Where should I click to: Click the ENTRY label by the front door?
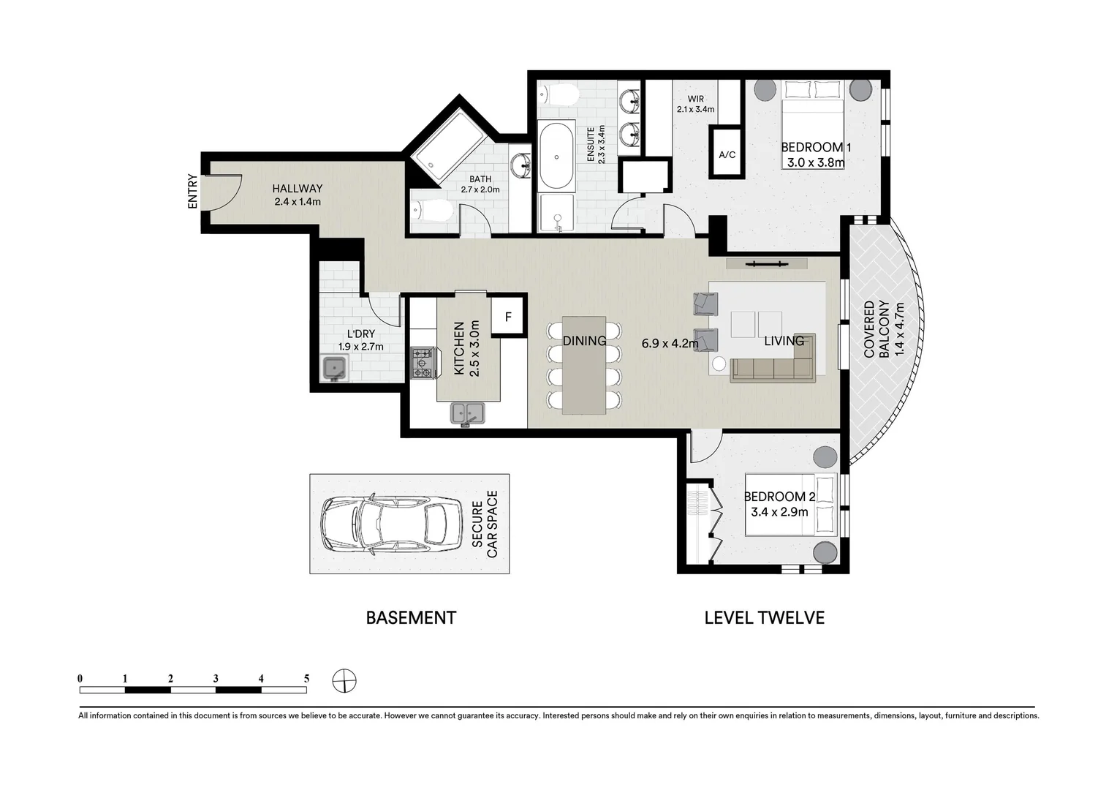(x=192, y=192)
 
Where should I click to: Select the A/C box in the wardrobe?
(x=727, y=154)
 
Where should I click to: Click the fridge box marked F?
(x=508, y=317)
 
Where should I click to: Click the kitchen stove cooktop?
(x=423, y=364)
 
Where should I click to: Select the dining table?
(x=583, y=365)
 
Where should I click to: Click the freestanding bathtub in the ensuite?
(x=556, y=156)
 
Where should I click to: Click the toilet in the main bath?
(x=432, y=211)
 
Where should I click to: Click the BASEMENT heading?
(x=411, y=618)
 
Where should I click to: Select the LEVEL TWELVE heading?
(x=764, y=618)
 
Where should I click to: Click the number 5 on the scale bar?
(x=306, y=679)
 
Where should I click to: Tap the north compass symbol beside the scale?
(x=344, y=680)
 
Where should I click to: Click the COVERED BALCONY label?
(x=876, y=329)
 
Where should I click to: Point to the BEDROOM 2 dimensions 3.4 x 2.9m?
(x=779, y=512)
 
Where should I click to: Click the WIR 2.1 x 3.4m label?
(x=695, y=104)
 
